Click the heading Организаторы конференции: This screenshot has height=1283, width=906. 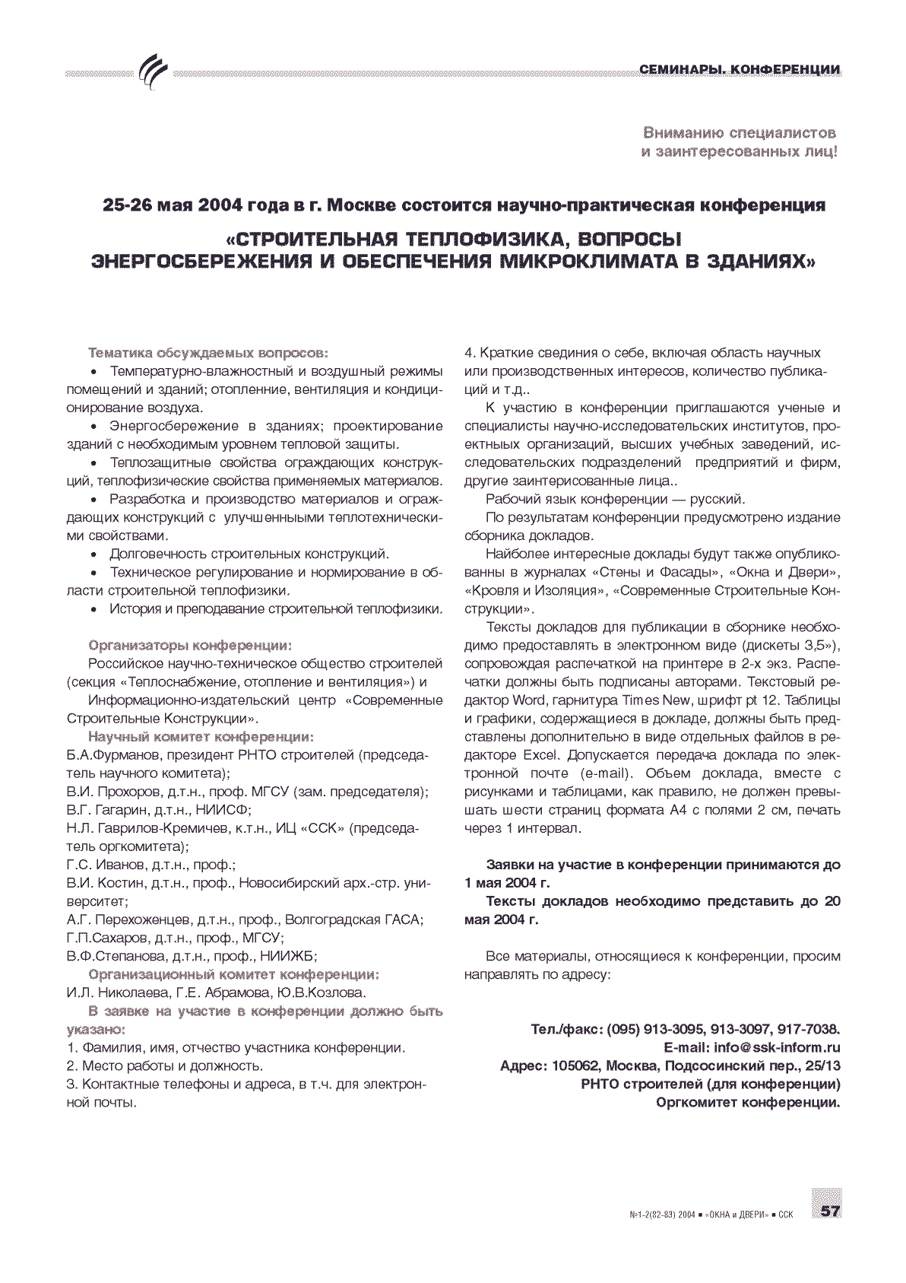pyautogui.click(x=190, y=645)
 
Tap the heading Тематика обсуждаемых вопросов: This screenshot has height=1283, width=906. pyautogui.click(x=209, y=353)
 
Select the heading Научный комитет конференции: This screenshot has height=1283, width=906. pyautogui.click(x=201, y=736)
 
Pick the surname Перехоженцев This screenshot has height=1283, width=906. pyautogui.click(x=141, y=919)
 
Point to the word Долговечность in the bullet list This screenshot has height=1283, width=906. pyautogui.click(x=157, y=554)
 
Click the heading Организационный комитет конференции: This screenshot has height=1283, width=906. pyautogui.click(x=234, y=974)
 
